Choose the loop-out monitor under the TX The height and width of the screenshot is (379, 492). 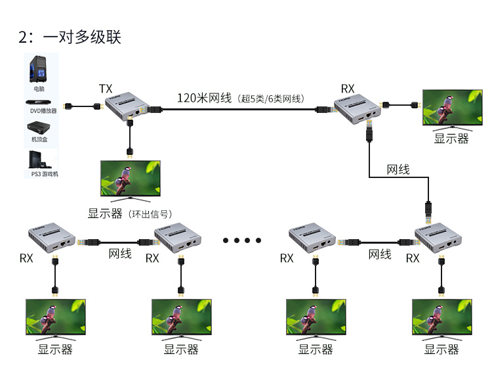click(129, 179)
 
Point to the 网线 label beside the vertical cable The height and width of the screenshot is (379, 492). click(398, 169)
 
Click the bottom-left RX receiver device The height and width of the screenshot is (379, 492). click(52, 240)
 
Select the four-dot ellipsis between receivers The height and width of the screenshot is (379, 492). click(242, 240)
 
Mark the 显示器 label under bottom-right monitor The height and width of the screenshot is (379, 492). click(441, 349)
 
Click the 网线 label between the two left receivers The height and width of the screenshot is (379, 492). click(120, 254)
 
